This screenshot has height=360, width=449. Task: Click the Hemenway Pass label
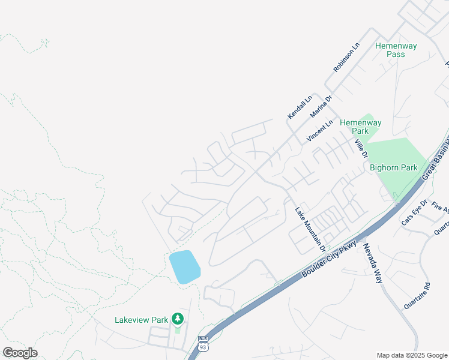(396, 50)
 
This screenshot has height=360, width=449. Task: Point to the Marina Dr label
(321, 106)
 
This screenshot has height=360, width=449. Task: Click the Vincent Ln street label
(319, 131)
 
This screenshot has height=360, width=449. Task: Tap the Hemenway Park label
(360, 127)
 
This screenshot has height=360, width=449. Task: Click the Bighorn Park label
(393, 168)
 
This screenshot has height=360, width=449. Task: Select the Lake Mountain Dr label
(310, 229)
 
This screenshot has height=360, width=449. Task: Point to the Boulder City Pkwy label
(330, 259)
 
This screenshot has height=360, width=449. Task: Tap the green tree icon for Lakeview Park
(177, 318)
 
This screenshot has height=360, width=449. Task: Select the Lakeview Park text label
(142, 320)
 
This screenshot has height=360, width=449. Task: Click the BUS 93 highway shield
(202, 344)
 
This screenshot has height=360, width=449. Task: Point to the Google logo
(20, 353)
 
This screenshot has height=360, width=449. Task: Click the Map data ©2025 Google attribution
(412, 355)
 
